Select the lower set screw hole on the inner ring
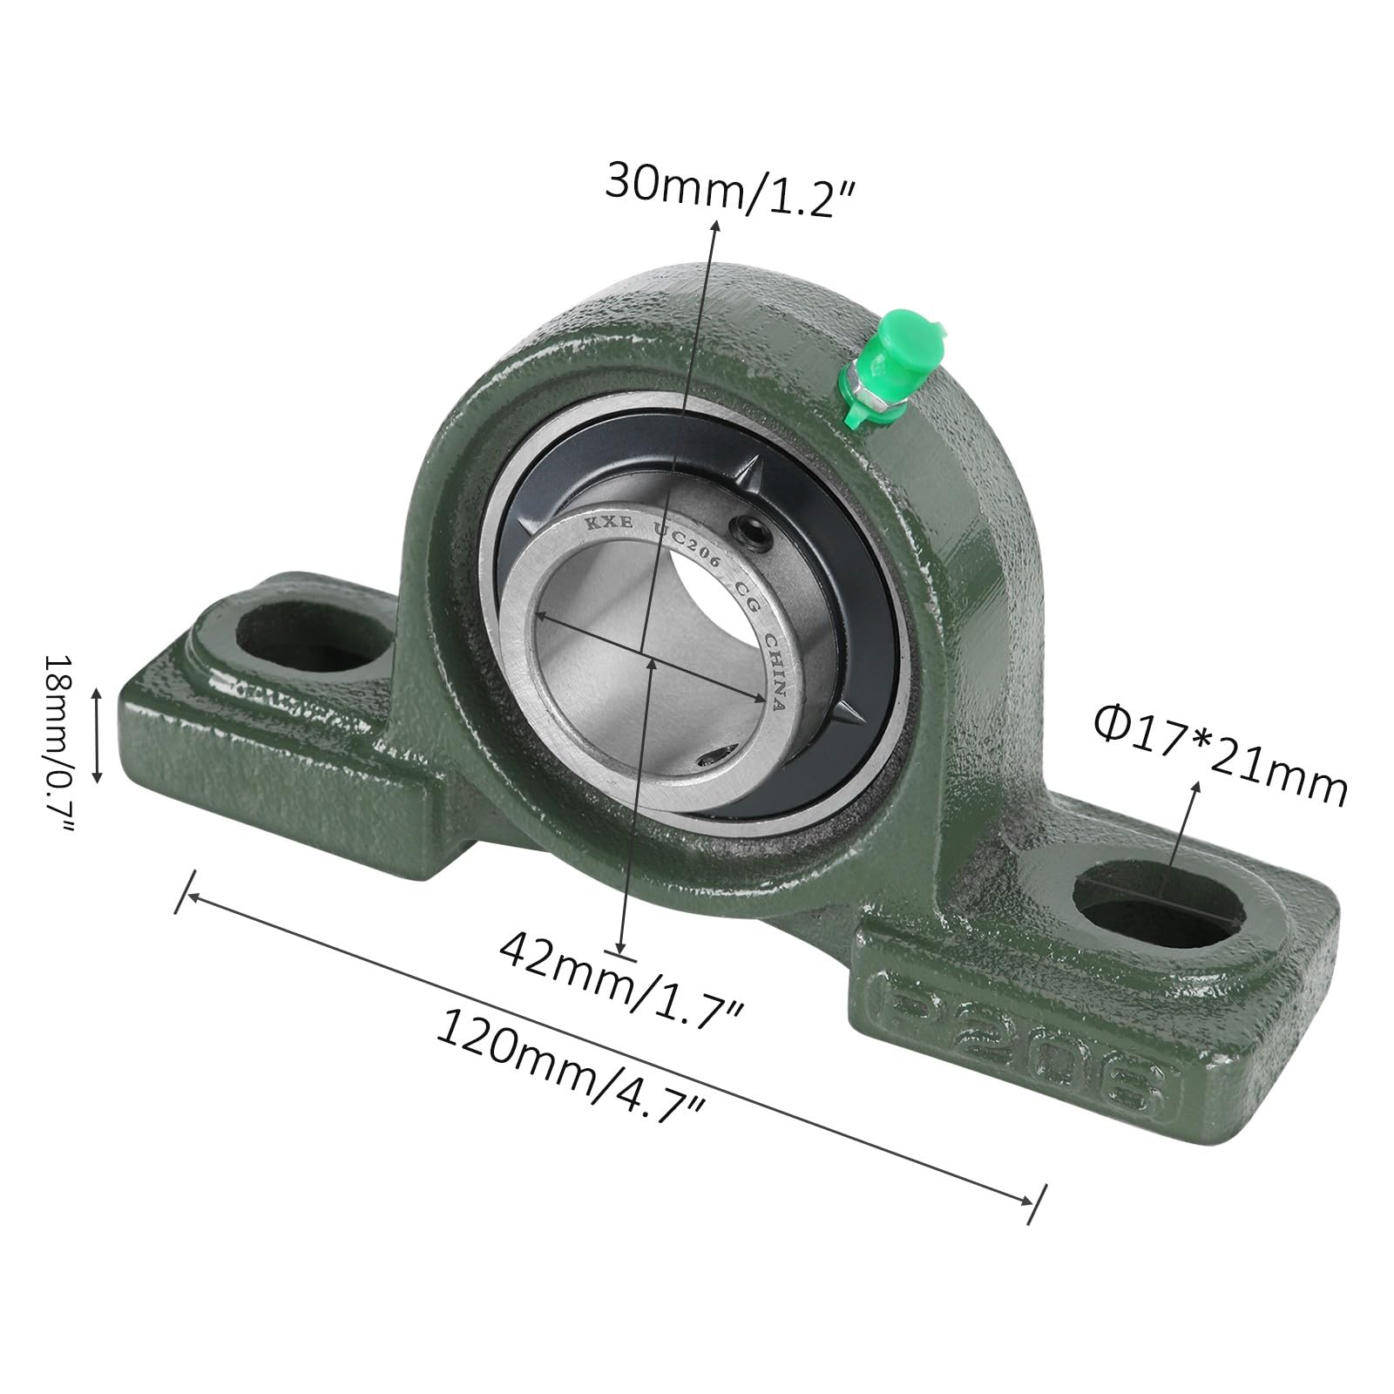[717, 759]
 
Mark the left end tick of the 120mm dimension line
[185, 890]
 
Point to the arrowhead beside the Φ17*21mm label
[1196, 787]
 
